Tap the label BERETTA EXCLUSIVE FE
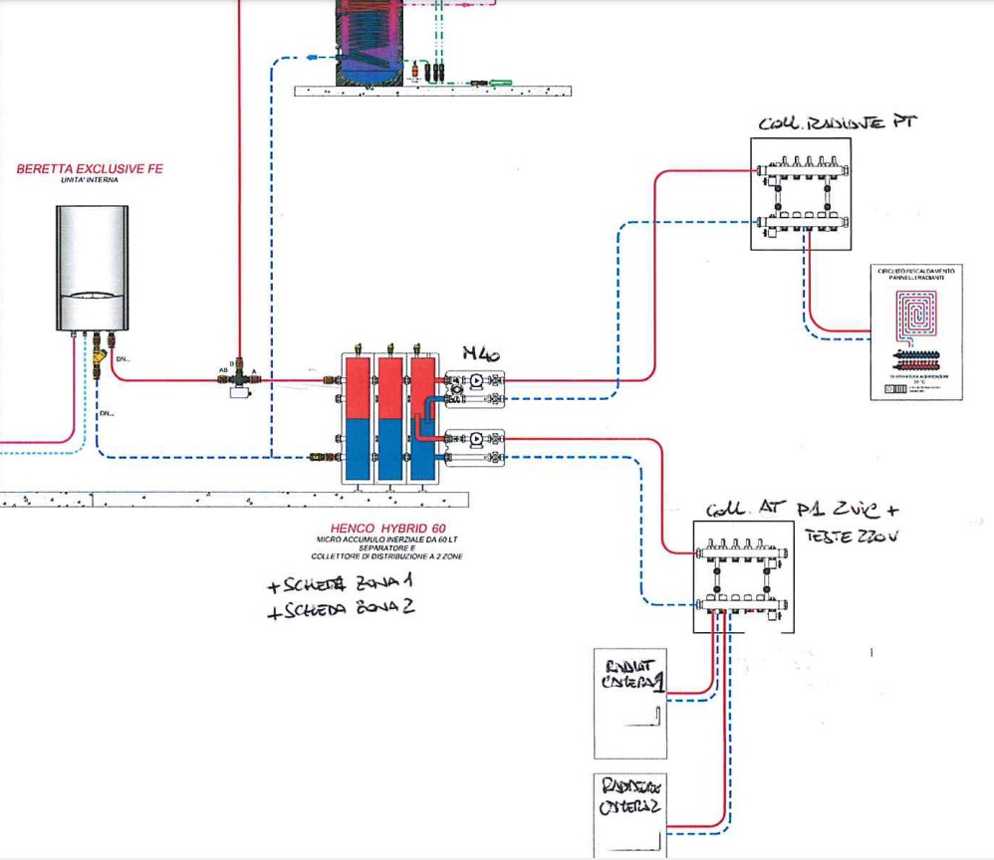pos(89,169)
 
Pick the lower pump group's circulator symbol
pos(476,437)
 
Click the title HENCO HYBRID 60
pos(386,529)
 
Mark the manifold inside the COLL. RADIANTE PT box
pos(802,193)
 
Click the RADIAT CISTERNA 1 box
pos(630,703)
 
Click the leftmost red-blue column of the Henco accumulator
pos(356,417)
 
